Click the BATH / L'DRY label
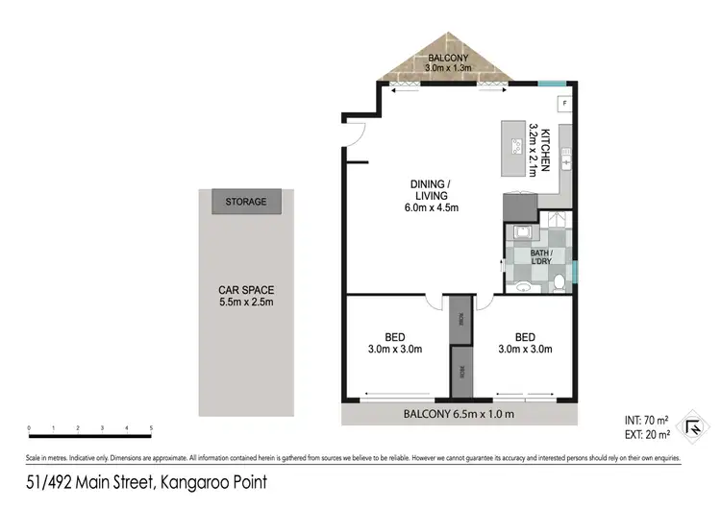pos(540,256)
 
